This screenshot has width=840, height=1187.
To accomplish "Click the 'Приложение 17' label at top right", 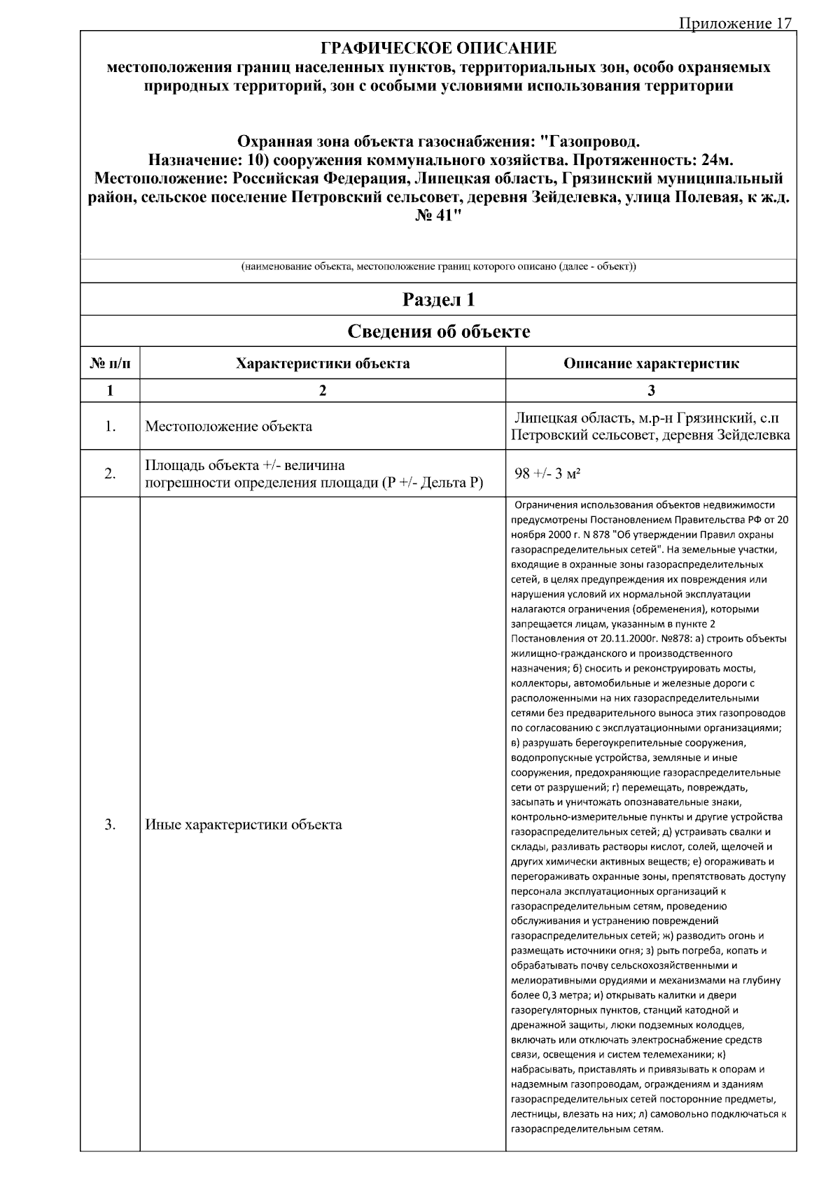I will pos(734,24).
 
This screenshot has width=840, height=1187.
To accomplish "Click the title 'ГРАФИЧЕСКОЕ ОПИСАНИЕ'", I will pos(438,48).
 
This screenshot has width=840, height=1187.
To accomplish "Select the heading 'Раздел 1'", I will pos(438,300).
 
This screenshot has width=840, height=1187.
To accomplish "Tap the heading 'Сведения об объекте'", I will pos(438,332).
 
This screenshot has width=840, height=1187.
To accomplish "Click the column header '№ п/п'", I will pos(110,364).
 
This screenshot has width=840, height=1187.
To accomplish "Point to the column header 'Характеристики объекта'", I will pos(323,364).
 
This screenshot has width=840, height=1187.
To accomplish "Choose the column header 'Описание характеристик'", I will pos(651,364).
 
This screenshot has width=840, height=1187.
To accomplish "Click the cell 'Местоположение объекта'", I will pos(228,427).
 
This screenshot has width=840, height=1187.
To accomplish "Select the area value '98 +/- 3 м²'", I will pos(549,474).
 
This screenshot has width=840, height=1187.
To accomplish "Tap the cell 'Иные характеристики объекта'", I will pos(244,825).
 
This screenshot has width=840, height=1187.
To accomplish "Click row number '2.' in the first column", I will pos(110,474).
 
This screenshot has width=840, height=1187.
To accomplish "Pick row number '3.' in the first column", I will pos(110,825).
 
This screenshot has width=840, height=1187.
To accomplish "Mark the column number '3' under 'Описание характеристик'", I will pos(651,391).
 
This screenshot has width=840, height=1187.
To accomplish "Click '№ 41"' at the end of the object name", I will pos(438,215).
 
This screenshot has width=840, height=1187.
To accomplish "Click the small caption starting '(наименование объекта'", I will pos(438,267).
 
